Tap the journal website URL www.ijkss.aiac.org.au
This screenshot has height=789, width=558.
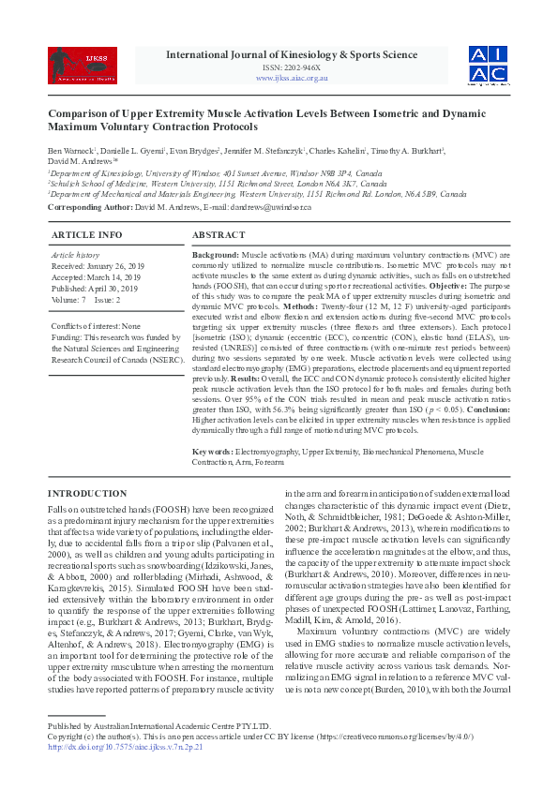click(x=292, y=79)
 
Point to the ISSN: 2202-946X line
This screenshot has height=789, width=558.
click(x=292, y=68)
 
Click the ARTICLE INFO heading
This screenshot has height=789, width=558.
click(x=86, y=234)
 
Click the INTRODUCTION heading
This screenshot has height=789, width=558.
click(x=93, y=493)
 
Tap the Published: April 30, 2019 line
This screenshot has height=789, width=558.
click(x=96, y=289)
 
